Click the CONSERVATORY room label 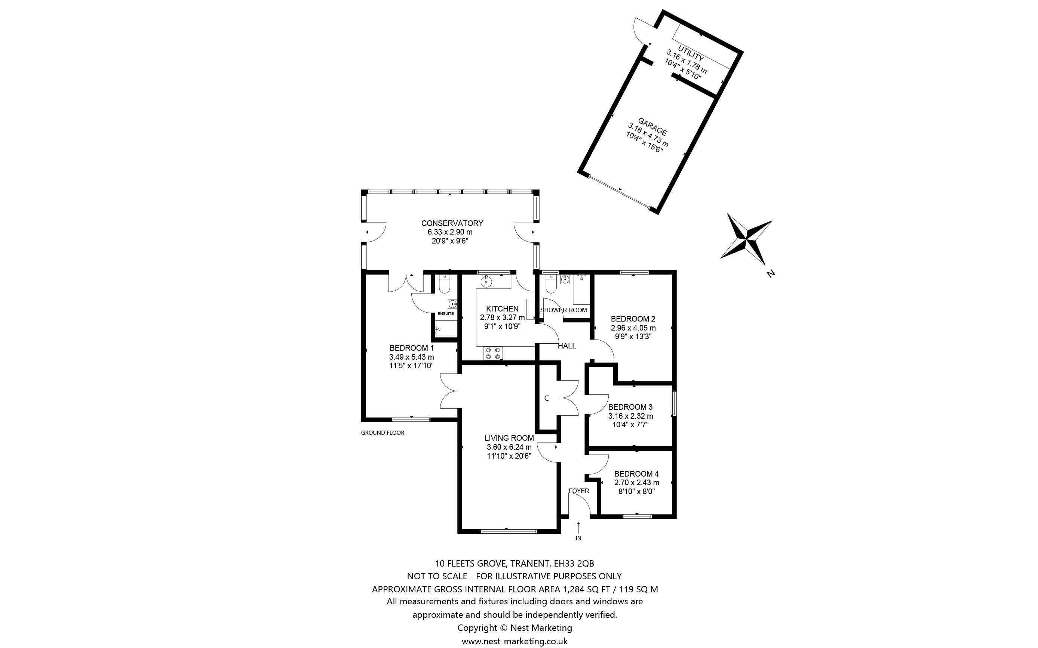click(x=452, y=223)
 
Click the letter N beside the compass click(x=771, y=273)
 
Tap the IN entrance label click(x=578, y=538)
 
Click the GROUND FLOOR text click(x=383, y=433)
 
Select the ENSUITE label click(x=446, y=314)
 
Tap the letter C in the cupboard click(x=546, y=398)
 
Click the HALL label click(x=566, y=346)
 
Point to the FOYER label click(x=578, y=491)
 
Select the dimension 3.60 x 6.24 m click(x=509, y=447)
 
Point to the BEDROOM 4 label click(x=636, y=474)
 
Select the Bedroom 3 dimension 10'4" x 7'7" click(x=630, y=425)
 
